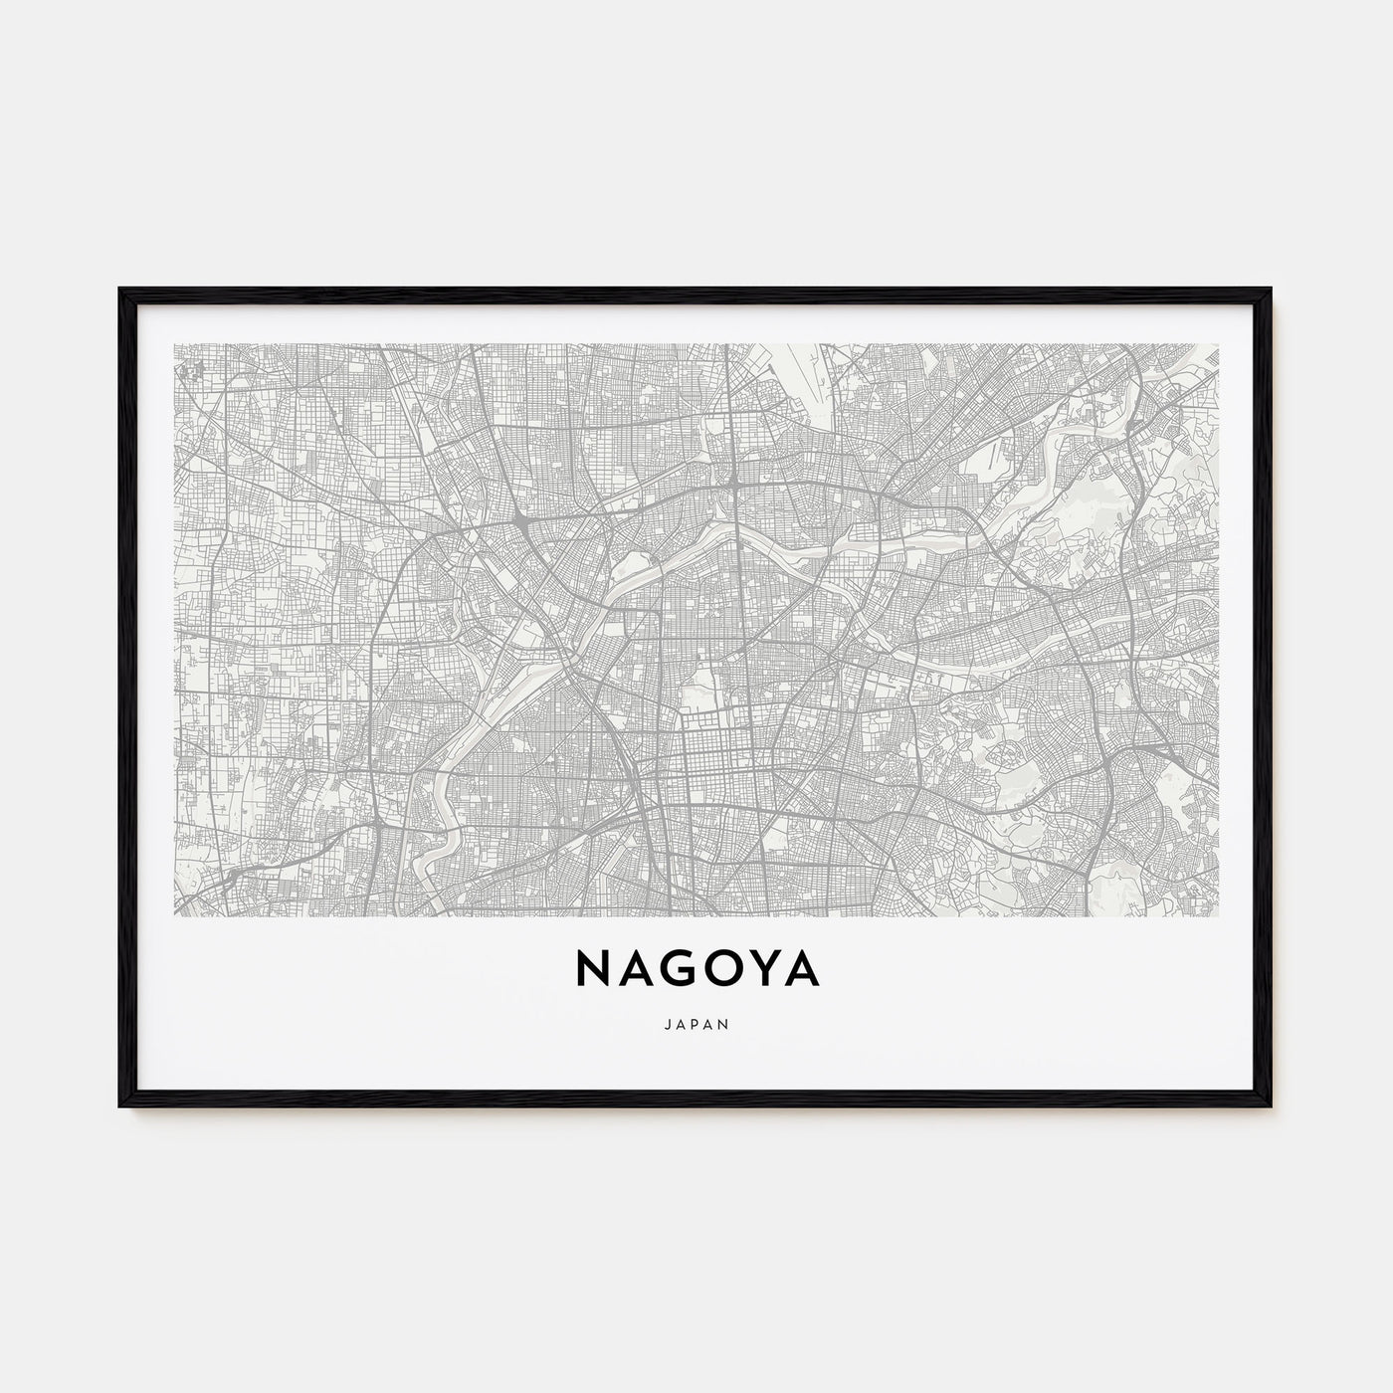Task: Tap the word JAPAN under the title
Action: click(x=696, y=1022)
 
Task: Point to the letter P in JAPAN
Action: click(x=696, y=1022)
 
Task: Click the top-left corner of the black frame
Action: click(x=120, y=290)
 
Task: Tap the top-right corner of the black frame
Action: click(x=1272, y=290)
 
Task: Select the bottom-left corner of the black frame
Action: click(x=120, y=1108)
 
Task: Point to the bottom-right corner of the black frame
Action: click(x=1272, y=1108)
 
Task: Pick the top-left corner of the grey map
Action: click(x=174, y=344)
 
